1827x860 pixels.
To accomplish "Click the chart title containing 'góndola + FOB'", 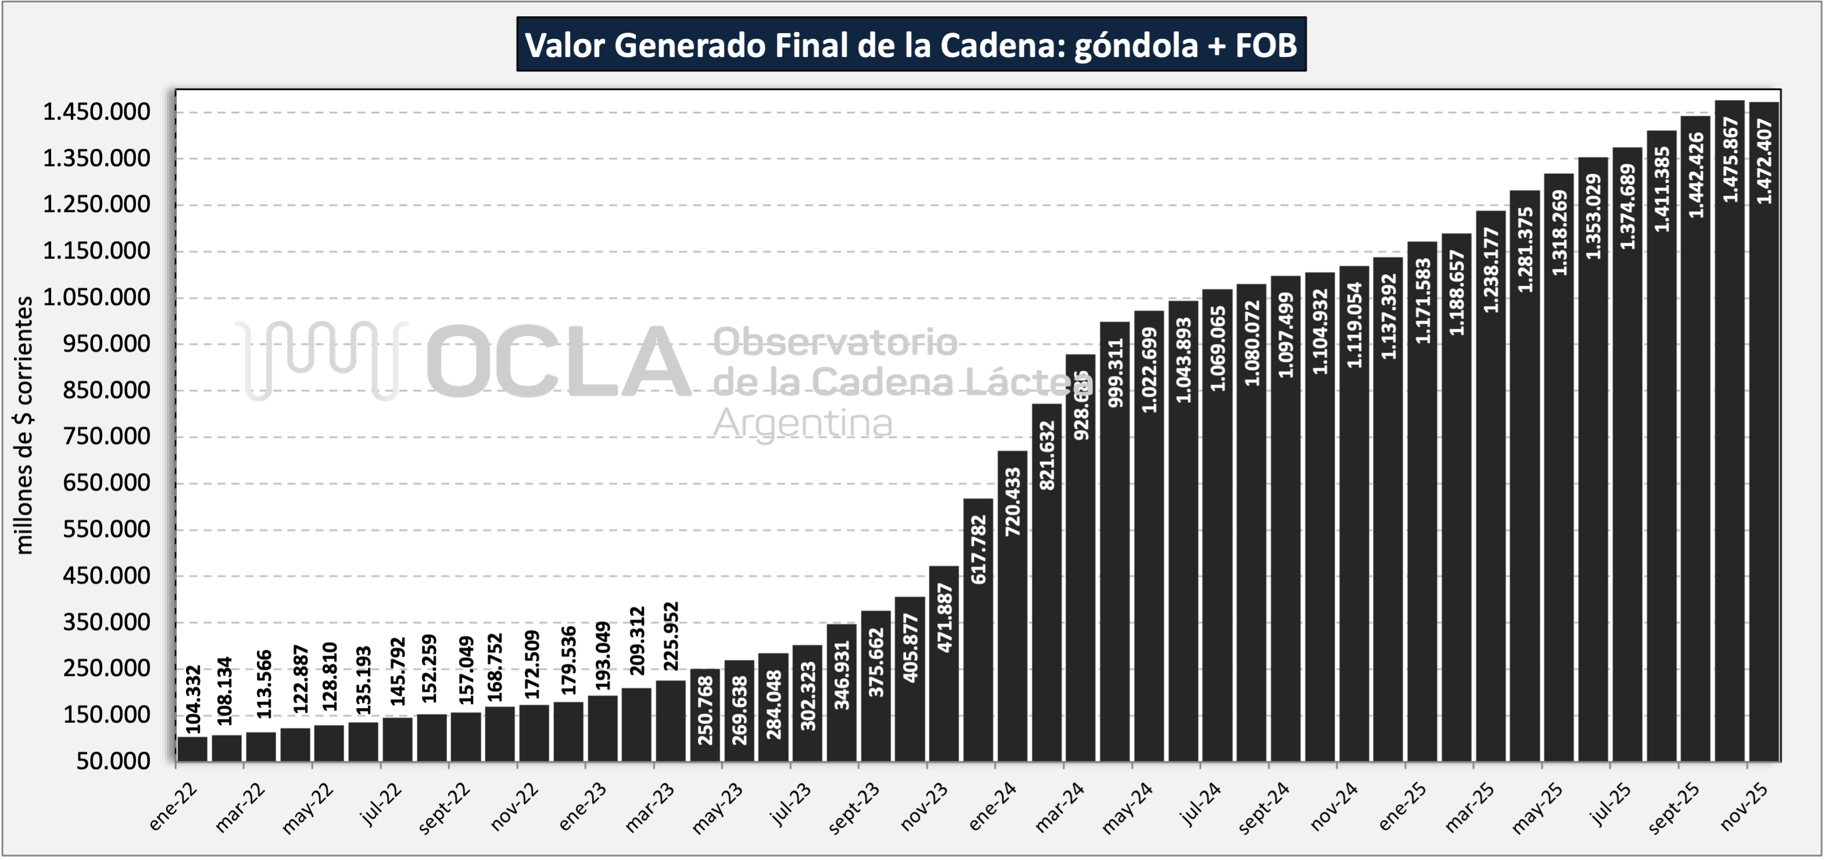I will pos(911,45).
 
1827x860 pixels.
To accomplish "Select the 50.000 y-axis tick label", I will pos(114,761).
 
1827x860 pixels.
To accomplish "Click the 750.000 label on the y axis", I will pos(107,436).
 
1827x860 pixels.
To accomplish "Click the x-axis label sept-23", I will pos(855,808).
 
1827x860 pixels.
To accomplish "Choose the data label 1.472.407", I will pos(1764,162).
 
